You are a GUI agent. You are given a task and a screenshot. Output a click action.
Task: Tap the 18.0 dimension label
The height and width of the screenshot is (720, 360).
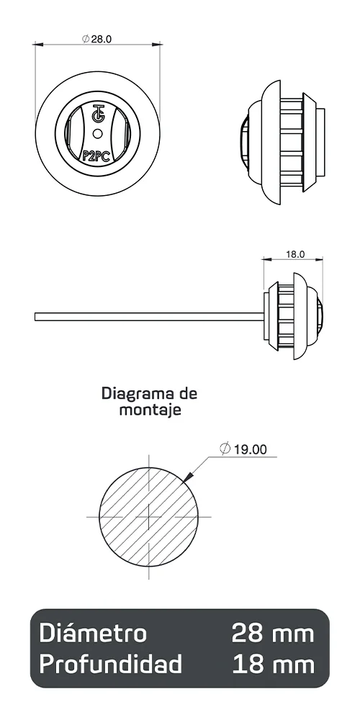point(295,254)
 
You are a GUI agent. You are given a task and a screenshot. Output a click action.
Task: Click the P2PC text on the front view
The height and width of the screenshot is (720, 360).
point(96,153)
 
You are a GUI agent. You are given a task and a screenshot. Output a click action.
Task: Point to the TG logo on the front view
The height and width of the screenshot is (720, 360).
point(98,115)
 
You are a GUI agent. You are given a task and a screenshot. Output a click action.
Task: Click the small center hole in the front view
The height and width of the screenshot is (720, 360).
point(98,132)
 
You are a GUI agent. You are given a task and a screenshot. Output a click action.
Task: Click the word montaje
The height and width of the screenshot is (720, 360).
point(149,410)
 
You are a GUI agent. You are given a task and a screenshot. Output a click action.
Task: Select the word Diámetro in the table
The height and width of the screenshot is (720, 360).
point(93,633)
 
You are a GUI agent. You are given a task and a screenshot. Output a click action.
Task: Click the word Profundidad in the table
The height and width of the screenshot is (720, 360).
point(110,664)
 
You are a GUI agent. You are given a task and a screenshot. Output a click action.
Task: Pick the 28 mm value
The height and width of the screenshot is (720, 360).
point(273,633)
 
